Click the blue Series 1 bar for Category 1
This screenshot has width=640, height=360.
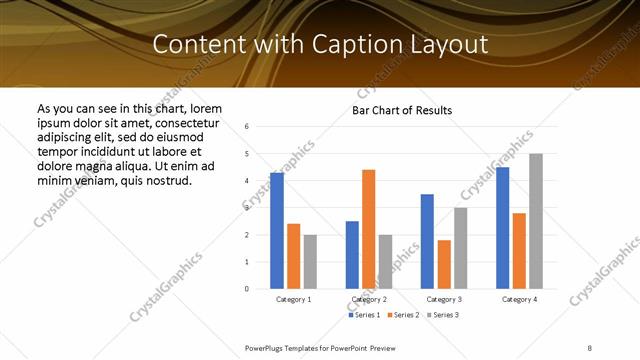click(277, 230)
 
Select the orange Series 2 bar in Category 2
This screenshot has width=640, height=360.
click(368, 229)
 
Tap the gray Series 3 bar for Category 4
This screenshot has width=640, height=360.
click(536, 221)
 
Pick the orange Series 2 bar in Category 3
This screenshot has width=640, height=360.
click(444, 264)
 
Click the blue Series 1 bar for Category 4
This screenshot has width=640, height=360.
click(502, 228)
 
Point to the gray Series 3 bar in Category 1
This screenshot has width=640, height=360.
click(310, 261)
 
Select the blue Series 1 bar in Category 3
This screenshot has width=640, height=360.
click(427, 241)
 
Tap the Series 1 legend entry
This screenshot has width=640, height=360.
click(363, 315)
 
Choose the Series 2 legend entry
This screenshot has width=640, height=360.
click(401, 315)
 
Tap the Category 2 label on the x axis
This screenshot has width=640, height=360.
click(369, 299)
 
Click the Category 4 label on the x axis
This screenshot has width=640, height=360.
click(519, 299)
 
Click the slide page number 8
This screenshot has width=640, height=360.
click(590, 346)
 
